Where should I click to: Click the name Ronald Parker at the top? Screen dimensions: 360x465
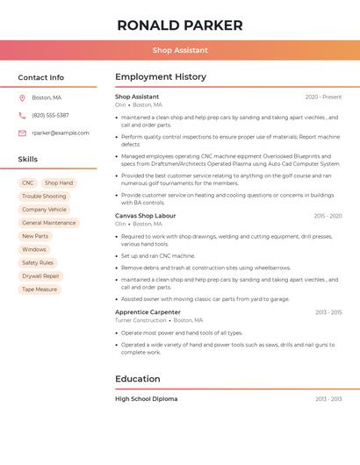[x=180, y=25]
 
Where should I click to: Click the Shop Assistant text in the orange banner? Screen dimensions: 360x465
[x=180, y=51]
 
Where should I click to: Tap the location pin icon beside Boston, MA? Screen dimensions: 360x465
[x=22, y=97]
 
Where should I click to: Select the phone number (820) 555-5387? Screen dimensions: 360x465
[x=50, y=115]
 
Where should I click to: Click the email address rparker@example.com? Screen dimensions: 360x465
[x=60, y=132]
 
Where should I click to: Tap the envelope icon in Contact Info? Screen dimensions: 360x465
[x=22, y=132]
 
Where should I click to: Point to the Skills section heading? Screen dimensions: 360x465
[x=28, y=159]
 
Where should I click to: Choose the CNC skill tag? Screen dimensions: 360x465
[x=28, y=183]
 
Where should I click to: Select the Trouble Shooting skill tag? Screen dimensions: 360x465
[x=44, y=197]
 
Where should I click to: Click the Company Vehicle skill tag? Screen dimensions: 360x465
[x=44, y=210]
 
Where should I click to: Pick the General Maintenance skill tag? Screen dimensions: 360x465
[x=49, y=223]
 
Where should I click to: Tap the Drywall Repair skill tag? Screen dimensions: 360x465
[x=40, y=275]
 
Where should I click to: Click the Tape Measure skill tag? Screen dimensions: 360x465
[x=40, y=289]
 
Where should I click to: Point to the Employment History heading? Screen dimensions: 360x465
[x=161, y=77]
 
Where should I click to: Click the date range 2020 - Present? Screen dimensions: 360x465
[x=323, y=97]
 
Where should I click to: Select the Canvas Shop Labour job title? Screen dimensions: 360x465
[x=145, y=215]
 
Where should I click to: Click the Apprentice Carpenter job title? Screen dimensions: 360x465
[x=148, y=311]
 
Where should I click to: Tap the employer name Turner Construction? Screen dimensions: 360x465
[x=140, y=320]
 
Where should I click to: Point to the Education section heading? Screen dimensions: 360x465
[x=138, y=379]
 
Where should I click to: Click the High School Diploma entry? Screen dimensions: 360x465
[x=146, y=398]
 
